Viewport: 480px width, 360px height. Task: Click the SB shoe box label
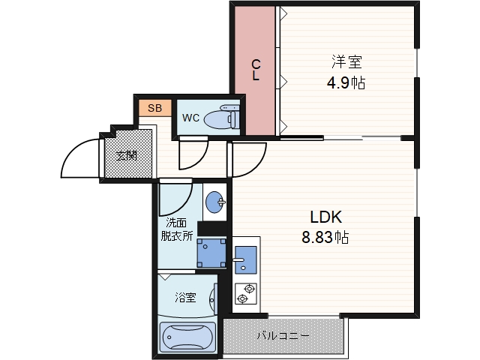[154, 108]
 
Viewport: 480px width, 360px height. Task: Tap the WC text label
[190, 118]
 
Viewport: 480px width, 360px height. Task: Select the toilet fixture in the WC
[222, 117]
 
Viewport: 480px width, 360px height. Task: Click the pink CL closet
[255, 70]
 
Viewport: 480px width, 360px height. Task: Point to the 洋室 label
[346, 61]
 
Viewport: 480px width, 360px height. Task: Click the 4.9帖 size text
[346, 82]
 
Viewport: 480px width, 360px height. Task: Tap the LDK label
[325, 217]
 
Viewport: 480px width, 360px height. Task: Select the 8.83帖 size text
[325, 237]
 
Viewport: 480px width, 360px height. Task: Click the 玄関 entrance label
[127, 156]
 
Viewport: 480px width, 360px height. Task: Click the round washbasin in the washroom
[214, 202]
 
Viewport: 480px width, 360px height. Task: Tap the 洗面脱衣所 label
[177, 229]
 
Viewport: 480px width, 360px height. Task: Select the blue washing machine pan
[211, 253]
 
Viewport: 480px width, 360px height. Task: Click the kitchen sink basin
[245, 260]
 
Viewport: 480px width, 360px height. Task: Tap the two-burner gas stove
[245, 293]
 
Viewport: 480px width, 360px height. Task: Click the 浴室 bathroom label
[185, 297]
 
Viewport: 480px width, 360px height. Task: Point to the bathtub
[187, 337]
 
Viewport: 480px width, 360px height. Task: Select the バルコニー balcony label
[283, 336]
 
